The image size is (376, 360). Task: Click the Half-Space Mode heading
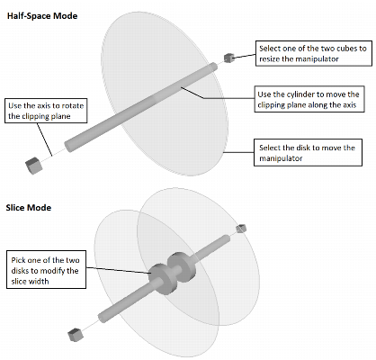pyautogui.click(x=42, y=16)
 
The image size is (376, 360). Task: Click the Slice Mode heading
pyautogui.click(x=29, y=208)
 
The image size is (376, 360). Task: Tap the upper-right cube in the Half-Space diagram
pyautogui.click(x=229, y=58)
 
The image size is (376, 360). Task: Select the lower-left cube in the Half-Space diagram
pyautogui.click(x=33, y=166)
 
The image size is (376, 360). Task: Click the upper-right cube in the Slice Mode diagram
pyautogui.click(x=241, y=229)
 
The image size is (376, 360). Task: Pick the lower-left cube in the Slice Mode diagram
pyautogui.click(x=76, y=335)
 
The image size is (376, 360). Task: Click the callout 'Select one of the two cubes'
pyautogui.click(x=313, y=54)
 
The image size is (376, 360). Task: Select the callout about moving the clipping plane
pyautogui.click(x=309, y=99)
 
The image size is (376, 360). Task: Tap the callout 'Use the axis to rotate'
pyautogui.click(x=46, y=111)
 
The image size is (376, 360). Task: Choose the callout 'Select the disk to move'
pyautogui.click(x=308, y=152)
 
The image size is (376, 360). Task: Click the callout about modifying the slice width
pyautogui.click(x=46, y=270)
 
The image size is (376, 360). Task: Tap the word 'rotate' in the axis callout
pyautogui.click(x=72, y=106)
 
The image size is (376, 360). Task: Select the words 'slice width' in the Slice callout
pyautogui.click(x=30, y=282)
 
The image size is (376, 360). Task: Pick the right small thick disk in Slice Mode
pyautogui.click(x=182, y=267)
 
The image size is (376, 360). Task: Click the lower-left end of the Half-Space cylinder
pyautogui.click(x=69, y=147)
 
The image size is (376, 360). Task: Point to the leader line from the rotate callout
pyautogui.click(x=44, y=139)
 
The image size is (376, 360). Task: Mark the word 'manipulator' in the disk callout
pyautogui.click(x=281, y=158)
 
